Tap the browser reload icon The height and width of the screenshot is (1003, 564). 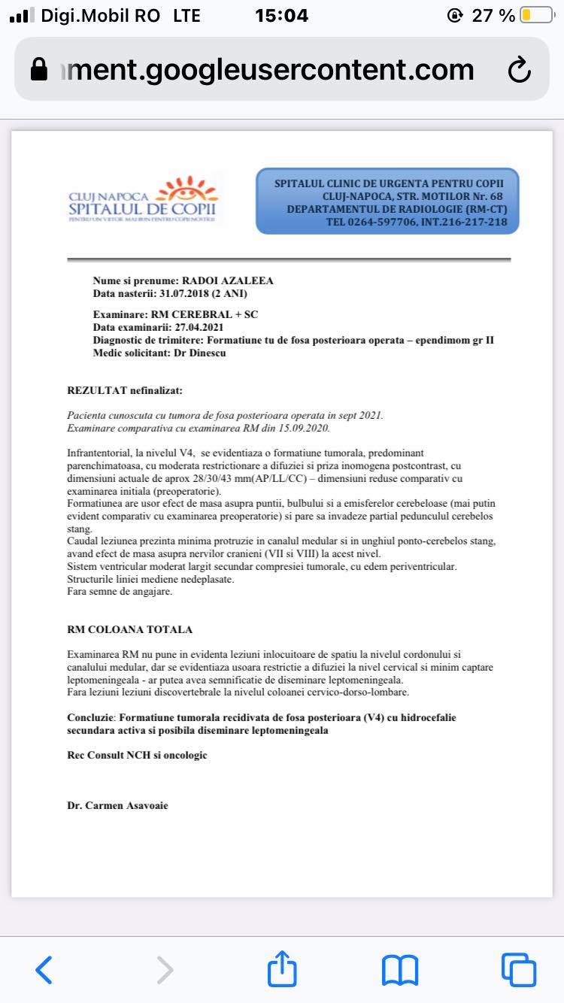click(x=519, y=70)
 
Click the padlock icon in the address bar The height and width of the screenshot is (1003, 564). click(x=39, y=70)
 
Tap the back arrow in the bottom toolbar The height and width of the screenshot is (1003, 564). click(x=44, y=969)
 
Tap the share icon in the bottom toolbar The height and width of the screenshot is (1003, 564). click(x=282, y=968)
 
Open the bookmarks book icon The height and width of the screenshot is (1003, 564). click(x=400, y=969)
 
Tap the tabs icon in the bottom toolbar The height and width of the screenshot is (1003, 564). click(x=518, y=969)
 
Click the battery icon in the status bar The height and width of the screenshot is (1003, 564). click(x=536, y=15)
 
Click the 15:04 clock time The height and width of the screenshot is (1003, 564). click(x=281, y=15)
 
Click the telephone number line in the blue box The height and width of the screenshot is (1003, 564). click(x=417, y=222)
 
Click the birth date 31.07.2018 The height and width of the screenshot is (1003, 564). click(x=183, y=293)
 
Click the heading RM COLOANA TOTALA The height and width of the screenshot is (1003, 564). click(x=129, y=629)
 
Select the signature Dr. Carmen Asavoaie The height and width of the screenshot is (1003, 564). click(x=117, y=805)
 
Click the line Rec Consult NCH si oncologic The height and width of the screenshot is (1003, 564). click(x=137, y=755)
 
